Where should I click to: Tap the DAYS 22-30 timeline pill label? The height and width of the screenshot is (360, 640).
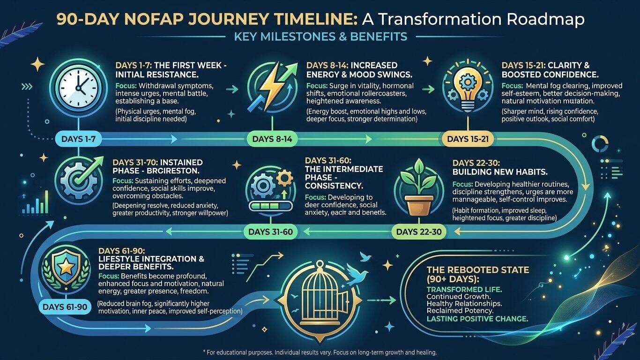418,231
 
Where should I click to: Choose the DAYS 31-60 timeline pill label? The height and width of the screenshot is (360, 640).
270,231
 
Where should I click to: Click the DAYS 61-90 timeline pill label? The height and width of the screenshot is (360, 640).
64,307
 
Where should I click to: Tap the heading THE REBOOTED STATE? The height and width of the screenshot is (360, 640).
478,270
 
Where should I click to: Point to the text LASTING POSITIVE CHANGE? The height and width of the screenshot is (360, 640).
478,319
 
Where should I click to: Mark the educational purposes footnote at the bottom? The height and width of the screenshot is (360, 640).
320,352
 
